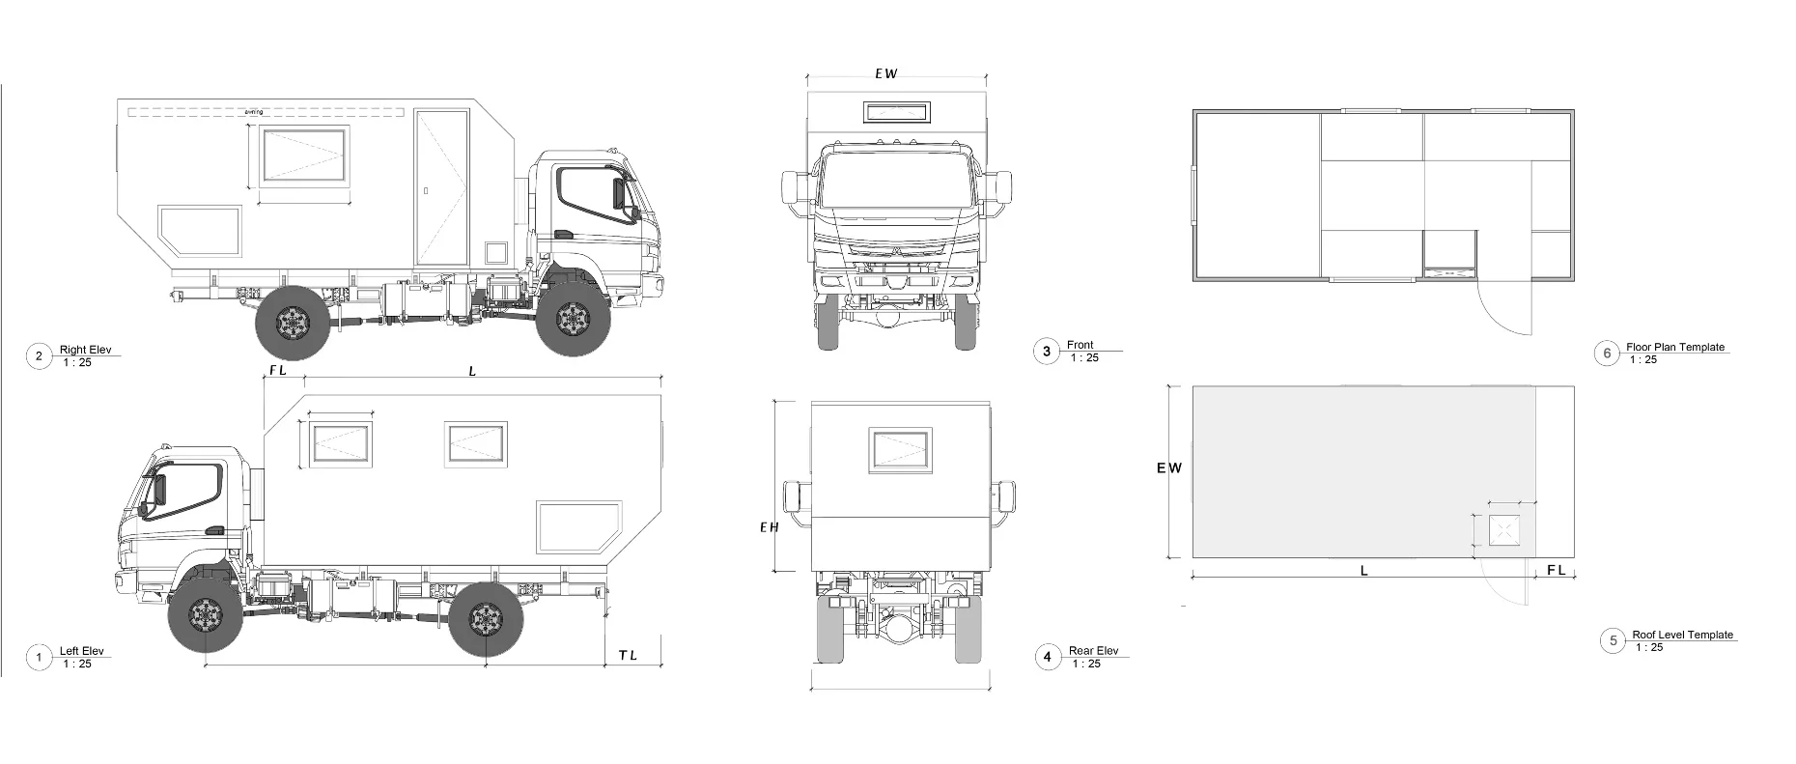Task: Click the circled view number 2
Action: point(39,356)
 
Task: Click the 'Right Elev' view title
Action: point(86,350)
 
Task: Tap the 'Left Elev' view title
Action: point(81,651)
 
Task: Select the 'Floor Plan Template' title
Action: point(1674,347)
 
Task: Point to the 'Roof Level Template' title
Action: point(1682,635)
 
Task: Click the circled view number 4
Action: point(1048,658)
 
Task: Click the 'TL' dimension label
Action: point(628,656)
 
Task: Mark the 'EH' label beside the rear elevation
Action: point(769,526)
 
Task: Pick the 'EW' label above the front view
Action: point(885,73)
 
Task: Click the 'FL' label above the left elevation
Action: point(278,370)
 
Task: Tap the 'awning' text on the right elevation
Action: point(254,112)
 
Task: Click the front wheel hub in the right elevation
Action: point(575,319)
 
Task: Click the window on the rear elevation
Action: point(900,451)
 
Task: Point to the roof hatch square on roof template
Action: point(1503,530)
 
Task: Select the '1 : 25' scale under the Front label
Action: point(1083,357)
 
